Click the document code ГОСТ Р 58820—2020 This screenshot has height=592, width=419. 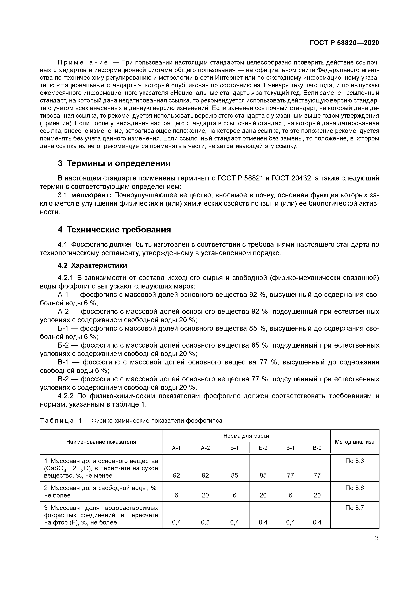point(344,43)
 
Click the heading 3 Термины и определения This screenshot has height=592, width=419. point(114,163)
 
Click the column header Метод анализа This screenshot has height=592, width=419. point(354,442)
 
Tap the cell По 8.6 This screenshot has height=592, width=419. point(354,488)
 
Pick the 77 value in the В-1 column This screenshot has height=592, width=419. point(290,475)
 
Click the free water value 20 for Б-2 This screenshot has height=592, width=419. point(263,495)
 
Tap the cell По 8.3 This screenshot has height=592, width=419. point(354,461)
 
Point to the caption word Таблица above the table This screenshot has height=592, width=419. point(57,421)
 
